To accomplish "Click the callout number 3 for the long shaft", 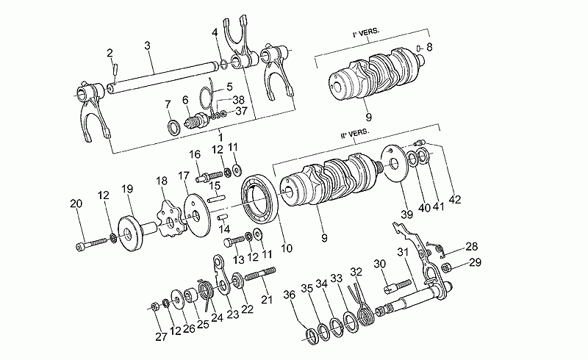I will pyautogui.click(x=148, y=46).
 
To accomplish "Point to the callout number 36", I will pyautogui.click(x=290, y=295).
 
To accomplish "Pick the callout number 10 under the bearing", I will pyautogui.click(x=286, y=249).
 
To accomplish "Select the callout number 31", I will pyautogui.click(x=403, y=253).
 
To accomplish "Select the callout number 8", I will pyautogui.click(x=429, y=47).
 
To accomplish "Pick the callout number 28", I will pyautogui.click(x=471, y=246).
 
